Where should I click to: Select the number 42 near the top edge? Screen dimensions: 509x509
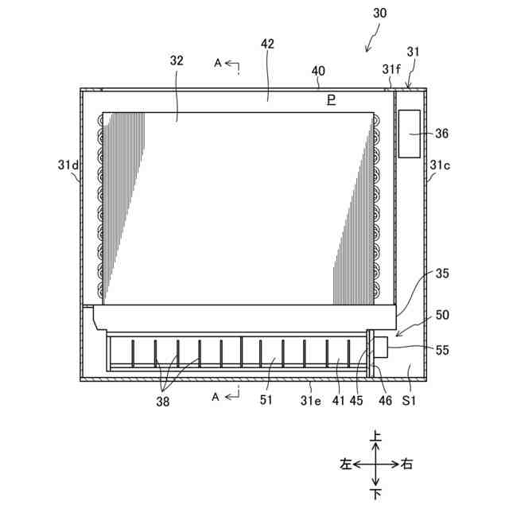(267, 44)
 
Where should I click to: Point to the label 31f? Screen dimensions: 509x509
(390, 70)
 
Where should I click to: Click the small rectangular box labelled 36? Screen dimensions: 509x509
(411, 134)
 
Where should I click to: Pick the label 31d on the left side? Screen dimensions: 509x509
(68, 165)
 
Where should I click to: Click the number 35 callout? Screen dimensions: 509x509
(442, 274)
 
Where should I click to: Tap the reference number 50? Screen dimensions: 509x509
(442, 316)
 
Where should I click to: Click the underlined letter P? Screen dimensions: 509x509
(331, 99)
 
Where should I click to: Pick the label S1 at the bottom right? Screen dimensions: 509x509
(410, 402)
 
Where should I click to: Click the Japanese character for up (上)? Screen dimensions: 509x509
(376, 437)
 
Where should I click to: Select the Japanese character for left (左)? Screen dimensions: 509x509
(344, 464)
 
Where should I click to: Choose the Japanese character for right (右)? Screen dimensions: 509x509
(407, 464)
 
